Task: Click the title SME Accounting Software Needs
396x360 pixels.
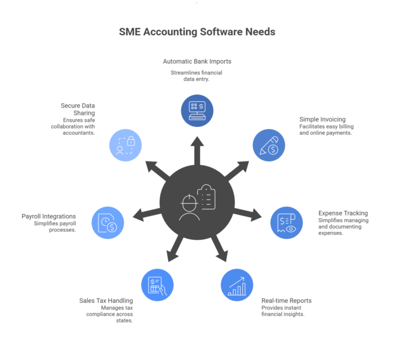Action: click(x=197, y=32)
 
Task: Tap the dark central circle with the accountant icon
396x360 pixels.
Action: click(x=197, y=202)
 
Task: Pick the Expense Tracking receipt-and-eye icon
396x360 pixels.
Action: click(x=286, y=222)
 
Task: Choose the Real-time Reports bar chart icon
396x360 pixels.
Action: click(x=237, y=284)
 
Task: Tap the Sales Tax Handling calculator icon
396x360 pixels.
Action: click(x=157, y=284)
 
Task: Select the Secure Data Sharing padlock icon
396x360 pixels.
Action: click(x=125, y=144)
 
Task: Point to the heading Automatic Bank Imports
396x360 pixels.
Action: click(x=197, y=61)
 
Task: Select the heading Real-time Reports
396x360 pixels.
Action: click(x=286, y=300)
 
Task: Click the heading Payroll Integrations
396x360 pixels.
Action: click(x=49, y=216)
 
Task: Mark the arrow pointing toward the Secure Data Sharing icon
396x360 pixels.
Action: click(x=156, y=170)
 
